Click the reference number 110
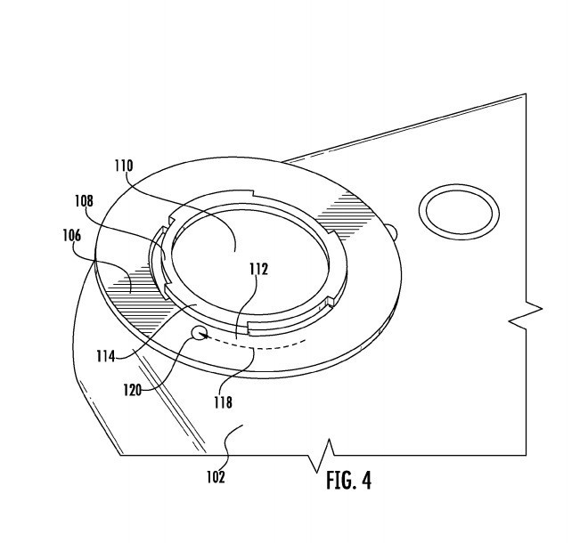coord(123,166)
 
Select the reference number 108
coord(84,202)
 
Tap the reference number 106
coord(72,236)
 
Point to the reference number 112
coord(258,269)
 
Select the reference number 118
coord(223,402)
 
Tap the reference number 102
coord(216,476)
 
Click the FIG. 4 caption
coord(348,481)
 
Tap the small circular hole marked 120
coord(200,334)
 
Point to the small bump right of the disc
coord(394,233)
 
